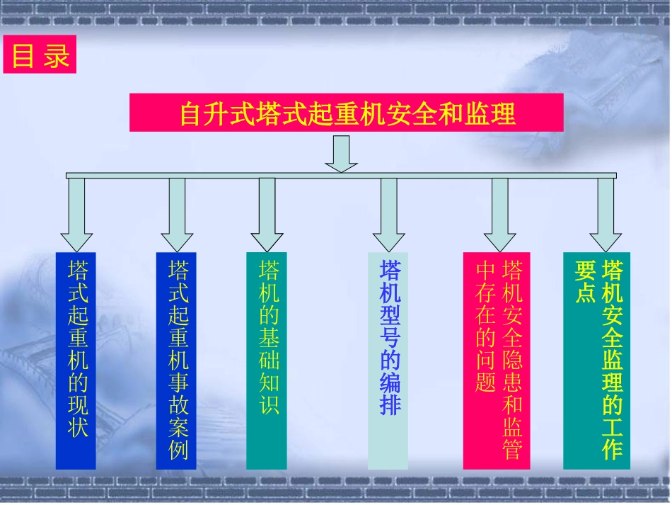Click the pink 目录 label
tap(39, 55)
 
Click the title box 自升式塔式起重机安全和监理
tap(346, 113)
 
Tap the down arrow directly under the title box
tap(341, 153)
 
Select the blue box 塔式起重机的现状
tap(76, 360)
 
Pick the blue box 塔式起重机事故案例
tap(176, 360)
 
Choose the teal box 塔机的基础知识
tap(267, 360)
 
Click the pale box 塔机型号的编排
tap(388, 360)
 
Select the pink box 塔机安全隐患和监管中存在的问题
tap(497, 360)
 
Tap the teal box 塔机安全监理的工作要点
tap(596, 360)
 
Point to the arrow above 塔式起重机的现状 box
tap(76, 216)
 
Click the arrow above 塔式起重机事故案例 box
tap(177, 216)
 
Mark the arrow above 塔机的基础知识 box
tap(267, 216)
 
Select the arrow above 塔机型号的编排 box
tap(388, 216)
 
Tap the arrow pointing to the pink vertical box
tap(499, 216)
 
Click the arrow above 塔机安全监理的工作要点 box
tap(606, 216)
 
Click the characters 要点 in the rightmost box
tap(585, 283)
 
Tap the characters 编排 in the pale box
tap(390, 394)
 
